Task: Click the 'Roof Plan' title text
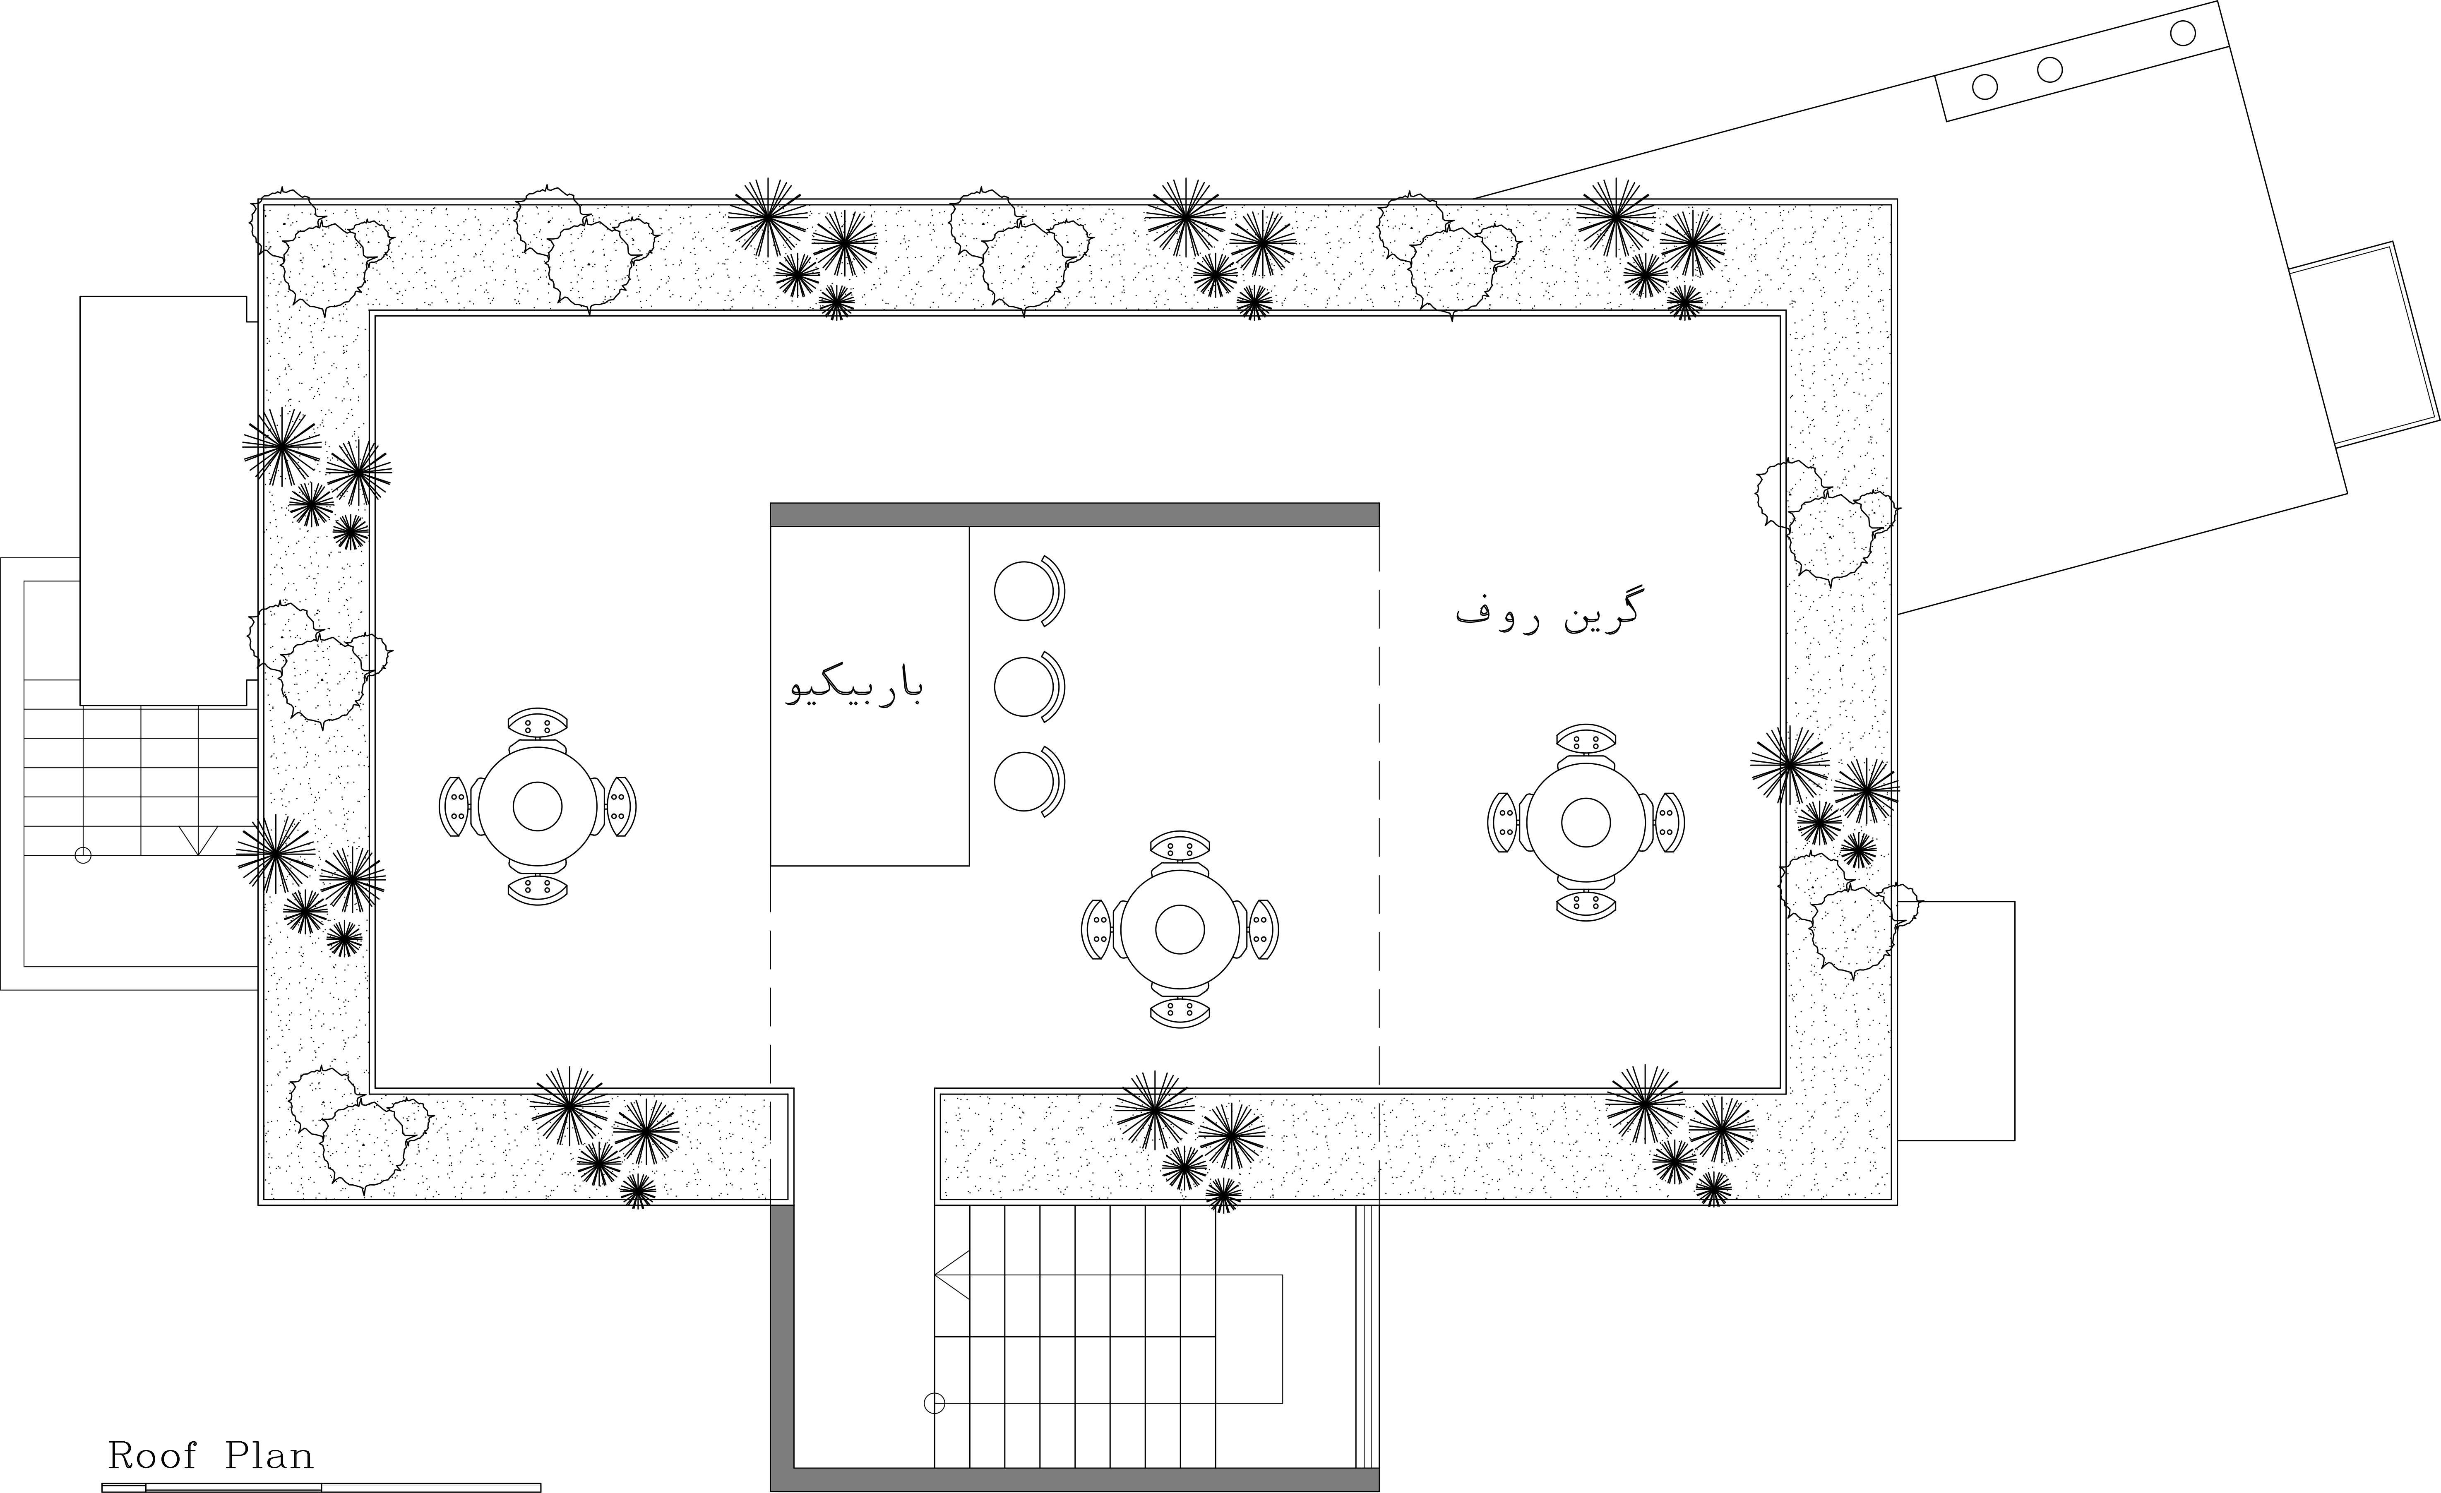pyautogui.click(x=210, y=1455)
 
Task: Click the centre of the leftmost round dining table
pyautogui.click(x=538, y=807)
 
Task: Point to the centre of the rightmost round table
pyautogui.click(x=1586, y=822)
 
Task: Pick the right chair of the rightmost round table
pyautogui.click(x=1668, y=822)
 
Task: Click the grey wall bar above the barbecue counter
pyautogui.click(x=1075, y=514)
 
